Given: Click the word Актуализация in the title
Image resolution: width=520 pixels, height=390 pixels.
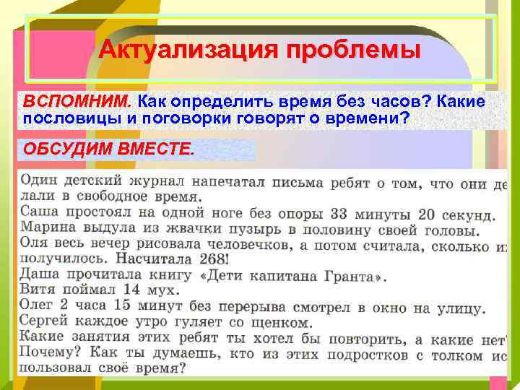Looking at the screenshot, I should [x=188, y=50].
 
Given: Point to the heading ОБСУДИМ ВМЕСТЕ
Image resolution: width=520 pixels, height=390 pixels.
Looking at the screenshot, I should [x=108, y=149].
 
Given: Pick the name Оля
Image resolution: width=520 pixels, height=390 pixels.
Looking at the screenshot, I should [x=34, y=245].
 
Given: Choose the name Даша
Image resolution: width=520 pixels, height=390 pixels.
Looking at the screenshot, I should [x=40, y=275].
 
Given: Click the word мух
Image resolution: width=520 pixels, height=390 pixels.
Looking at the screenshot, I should [x=160, y=291].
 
